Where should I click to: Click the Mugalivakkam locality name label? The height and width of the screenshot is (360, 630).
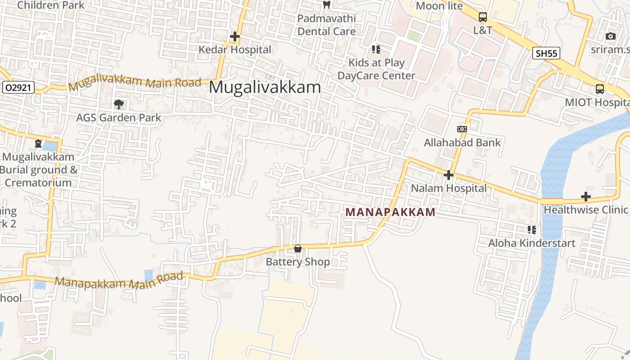265,87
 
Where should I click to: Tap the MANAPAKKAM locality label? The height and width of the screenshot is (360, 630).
390,212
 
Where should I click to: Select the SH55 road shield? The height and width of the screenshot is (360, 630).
547,53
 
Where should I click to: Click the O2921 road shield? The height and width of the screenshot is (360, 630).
18,87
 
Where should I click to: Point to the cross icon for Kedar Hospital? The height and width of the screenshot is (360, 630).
235,36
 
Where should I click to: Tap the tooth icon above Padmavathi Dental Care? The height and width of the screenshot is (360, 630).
327,5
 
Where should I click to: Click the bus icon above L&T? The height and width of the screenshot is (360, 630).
483,17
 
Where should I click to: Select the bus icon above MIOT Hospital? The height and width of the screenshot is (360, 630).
600,89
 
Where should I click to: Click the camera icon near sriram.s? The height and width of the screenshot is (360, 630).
611,36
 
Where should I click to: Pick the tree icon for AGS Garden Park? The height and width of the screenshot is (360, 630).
119,105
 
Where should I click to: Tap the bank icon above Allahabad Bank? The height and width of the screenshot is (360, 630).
462,129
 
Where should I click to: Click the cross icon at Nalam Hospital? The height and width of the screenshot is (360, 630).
448,175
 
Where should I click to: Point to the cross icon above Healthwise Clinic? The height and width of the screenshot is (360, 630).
585,196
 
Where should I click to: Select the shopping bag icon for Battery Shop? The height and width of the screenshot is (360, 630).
297,248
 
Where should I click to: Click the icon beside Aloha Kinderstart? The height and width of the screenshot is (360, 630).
532,230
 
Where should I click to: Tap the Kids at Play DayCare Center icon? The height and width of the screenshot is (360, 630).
376,49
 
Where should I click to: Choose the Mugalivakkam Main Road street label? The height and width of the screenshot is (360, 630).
135,82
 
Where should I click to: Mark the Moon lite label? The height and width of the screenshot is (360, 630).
439,6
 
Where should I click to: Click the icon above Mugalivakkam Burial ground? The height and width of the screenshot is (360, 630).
38,144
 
